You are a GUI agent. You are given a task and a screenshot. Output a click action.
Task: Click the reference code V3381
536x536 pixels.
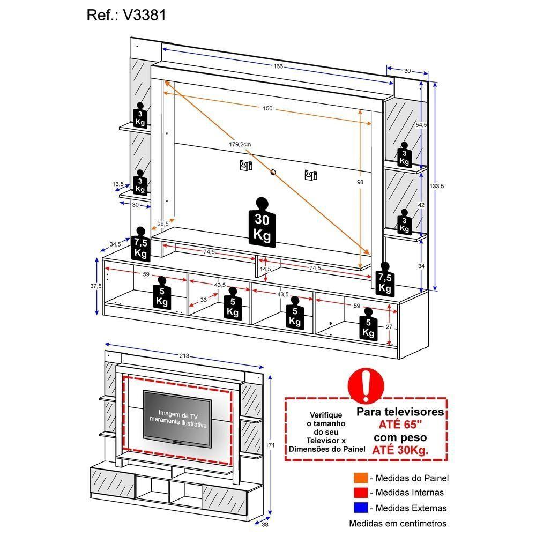(x=145, y=16)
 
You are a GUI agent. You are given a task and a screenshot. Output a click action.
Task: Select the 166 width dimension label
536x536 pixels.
(x=277, y=66)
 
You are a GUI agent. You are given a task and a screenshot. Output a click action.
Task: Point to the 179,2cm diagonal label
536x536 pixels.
(x=240, y=144)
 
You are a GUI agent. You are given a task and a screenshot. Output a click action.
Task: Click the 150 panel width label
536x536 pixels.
(x=267, y=109)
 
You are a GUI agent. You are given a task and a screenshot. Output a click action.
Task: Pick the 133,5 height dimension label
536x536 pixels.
(x=437, y=186)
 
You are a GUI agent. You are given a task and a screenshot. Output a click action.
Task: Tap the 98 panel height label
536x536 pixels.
(x=360, y=182)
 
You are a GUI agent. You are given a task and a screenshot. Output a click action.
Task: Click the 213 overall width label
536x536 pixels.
(x=184, y=356)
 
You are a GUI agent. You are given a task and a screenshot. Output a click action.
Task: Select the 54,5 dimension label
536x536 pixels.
(x=422, y=125)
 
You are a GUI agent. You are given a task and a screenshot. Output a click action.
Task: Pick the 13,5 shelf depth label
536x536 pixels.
(x=118, y=184)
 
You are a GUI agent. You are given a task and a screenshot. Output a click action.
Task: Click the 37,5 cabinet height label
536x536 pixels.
(x=96, y=286)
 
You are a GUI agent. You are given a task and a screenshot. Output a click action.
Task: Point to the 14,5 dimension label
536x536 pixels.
(x=265, y=269)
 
